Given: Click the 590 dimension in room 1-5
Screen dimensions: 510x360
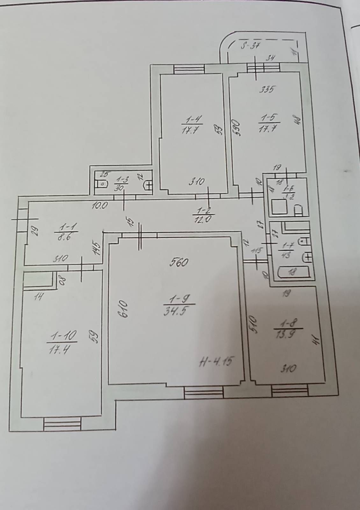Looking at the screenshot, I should coord(236,127).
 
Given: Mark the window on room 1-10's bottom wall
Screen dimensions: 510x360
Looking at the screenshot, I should coord(62,424).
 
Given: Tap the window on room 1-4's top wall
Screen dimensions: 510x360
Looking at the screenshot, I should coord(189,69).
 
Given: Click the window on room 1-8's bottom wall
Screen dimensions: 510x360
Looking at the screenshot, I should coord(290,391).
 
